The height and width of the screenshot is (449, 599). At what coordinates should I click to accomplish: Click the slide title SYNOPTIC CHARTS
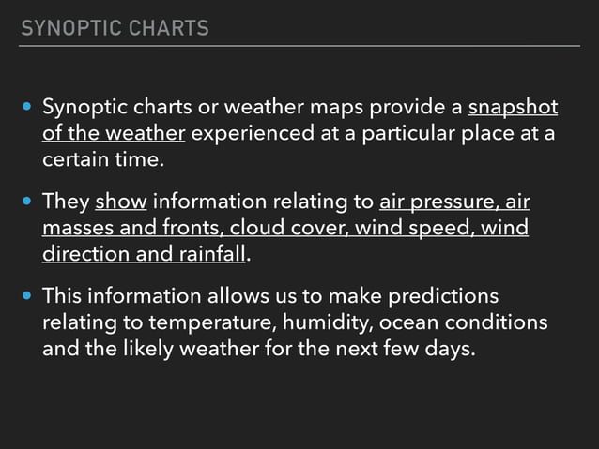pos(115,28)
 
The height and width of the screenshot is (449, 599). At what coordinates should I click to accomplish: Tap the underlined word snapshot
pos(512,105)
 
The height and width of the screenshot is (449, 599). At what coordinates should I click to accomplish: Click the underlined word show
pos(120,202)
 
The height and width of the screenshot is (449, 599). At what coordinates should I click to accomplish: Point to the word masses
pos(78,228)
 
